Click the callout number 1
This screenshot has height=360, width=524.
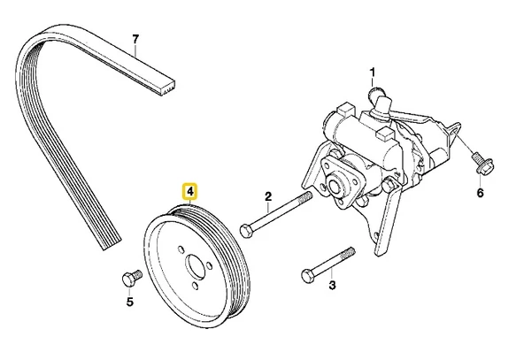coord(373,72)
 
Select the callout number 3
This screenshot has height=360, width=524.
coord(332,285)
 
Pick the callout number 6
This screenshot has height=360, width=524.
coord(481,194)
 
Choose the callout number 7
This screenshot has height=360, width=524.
coord(135,39)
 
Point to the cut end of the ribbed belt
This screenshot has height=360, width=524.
coord(168,85)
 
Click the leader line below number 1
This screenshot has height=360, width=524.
coord(374,83)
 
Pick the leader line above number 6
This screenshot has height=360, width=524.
coord(481,180)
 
